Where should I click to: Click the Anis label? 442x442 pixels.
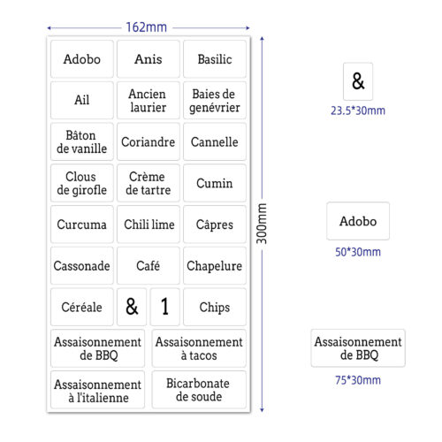(149, 59)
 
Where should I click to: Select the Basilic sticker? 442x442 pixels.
(215, 59)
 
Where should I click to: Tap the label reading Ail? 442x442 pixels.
(82, 100)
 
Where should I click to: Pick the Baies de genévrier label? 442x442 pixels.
(215, 100)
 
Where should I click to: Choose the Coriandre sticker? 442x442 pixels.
(149, 141)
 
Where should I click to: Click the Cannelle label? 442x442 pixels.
(215, 141)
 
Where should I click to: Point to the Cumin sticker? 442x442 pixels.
(215, 183)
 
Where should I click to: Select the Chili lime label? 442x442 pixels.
(149, 225)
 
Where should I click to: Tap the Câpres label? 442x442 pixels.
(215, 225)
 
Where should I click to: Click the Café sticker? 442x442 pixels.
(149, 265)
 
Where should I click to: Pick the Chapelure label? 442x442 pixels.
(215, 265)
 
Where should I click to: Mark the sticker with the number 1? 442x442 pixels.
(164, 307)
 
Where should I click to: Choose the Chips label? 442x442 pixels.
(215, 307)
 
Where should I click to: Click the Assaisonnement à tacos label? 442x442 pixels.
(199, 348)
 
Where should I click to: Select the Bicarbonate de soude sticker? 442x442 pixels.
(199, 390)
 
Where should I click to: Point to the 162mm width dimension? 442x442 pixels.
(147, 27)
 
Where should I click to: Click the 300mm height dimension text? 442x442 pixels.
(262, 224)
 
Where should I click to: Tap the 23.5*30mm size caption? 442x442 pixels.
(358, 110)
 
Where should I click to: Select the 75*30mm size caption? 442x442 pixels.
(358, 380)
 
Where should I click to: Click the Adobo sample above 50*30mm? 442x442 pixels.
(358, 221)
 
